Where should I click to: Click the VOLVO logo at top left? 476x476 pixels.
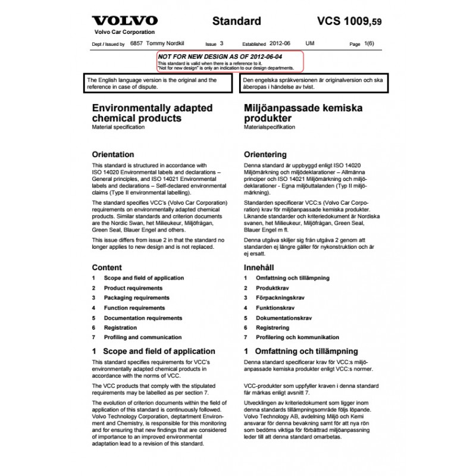coord(124,21)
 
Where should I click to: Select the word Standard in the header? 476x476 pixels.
coord(237,21)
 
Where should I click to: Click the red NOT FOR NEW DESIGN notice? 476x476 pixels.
coord(230,61)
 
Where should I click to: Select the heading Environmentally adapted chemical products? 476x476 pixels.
coord(144,113)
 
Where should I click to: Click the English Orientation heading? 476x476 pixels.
coord(113,154)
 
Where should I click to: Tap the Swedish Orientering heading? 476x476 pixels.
coord(265,154)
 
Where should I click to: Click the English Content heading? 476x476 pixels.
coord(107,267)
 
